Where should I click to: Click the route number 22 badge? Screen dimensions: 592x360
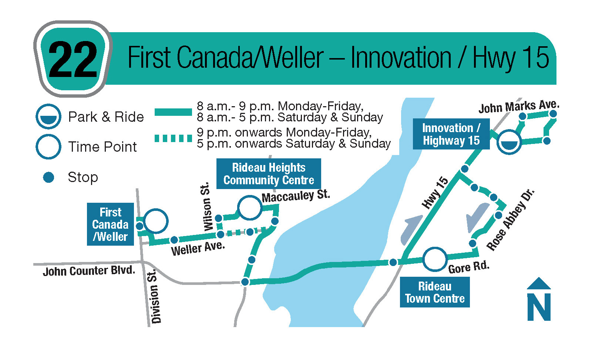[x=73, y=59]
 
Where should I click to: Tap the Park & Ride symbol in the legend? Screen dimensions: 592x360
[x=48, y=117]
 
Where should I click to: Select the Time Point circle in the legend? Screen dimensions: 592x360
[x=48, y=147]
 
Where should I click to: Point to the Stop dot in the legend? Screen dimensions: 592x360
[x=48, y=177]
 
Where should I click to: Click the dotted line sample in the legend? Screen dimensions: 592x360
[x=173, y=138]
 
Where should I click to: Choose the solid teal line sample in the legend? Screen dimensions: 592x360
[x=173, y=112]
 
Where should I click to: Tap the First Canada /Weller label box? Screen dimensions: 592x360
[x=111, y=224]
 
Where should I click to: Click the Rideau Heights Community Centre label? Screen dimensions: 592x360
[x=269, y=174]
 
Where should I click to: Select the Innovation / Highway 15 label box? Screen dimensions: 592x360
[x=451, y=134]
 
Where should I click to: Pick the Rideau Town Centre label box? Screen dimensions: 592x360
[x=435, y=292]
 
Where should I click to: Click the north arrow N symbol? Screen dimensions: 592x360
[x=539, y=299]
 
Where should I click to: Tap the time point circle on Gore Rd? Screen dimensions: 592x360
[x=435, y=260]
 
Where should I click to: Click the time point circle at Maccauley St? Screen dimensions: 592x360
[x=250, y=208]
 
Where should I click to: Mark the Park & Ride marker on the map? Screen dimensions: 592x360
[x=509, y=142]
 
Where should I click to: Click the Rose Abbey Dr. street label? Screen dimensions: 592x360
[x=510, y=220]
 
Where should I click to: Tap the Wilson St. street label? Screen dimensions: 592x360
[x=207, y=206]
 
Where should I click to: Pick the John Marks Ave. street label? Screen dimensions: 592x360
[x=519, y=107]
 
